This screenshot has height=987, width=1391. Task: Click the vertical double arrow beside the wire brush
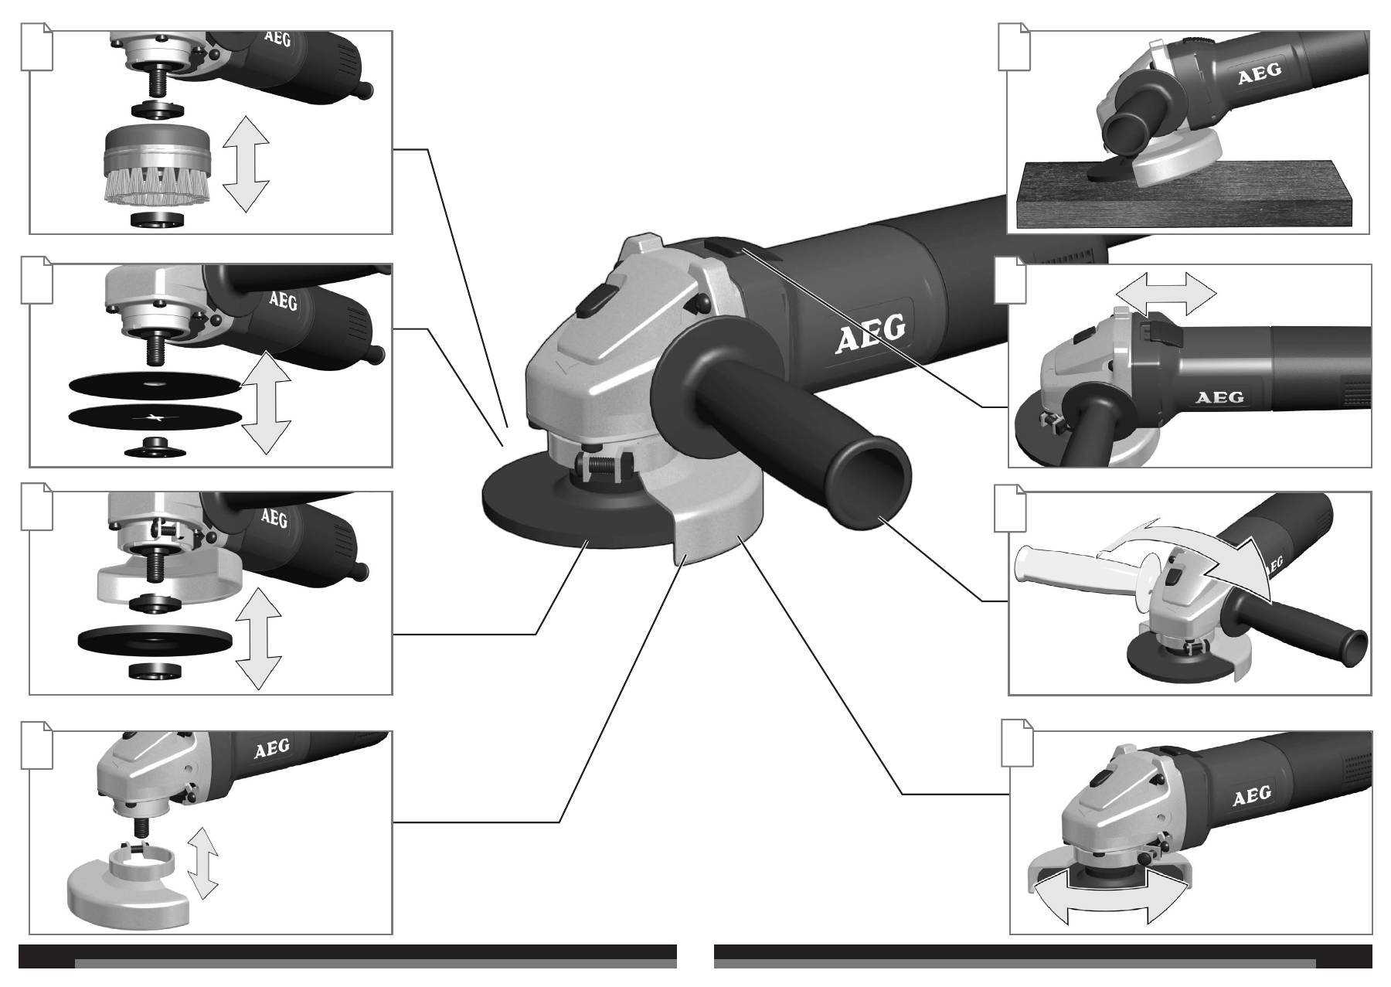[x=245, y=163]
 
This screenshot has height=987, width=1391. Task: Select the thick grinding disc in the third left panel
[x=156, y=642]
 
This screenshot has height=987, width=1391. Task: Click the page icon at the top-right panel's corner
[x=1013, y=46]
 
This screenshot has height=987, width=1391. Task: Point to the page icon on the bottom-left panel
[x=36, y=745]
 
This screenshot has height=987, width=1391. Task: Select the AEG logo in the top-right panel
[x=1260, y=74]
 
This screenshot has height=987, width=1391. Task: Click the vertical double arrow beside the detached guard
[x=203, y=863]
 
